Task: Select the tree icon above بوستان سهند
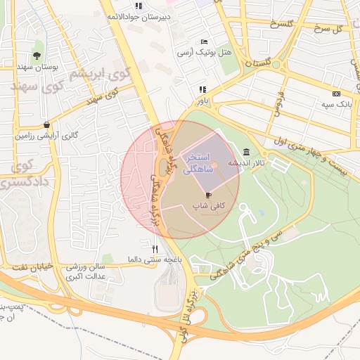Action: click(37, 55)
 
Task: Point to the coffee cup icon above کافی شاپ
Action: click(208, 194)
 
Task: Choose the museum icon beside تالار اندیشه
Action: click(245, 153)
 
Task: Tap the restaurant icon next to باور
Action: click(202, 89)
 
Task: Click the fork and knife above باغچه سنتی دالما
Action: click(155, 248)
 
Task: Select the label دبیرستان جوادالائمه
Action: click(138, 15)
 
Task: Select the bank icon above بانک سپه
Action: click(336, 94)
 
